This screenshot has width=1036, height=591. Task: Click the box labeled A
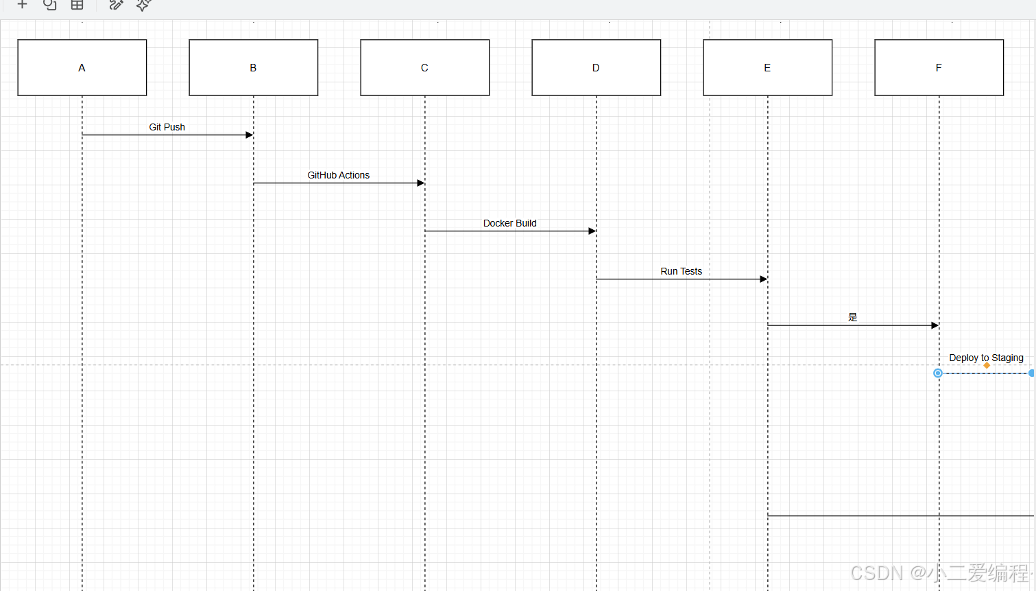(x=82, y=68)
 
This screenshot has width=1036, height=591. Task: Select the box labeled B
(x=254, y=68)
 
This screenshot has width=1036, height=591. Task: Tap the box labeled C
(x=424, y=68)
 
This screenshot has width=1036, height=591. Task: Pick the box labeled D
(x=596, y=68)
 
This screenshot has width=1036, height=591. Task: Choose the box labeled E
(x=767, y=68)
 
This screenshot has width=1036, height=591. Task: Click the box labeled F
(x=939, y=68)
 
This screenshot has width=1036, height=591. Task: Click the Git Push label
(x=167, y=127)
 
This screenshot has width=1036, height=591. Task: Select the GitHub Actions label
(x=339, y=175)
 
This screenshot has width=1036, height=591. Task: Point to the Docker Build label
(x=509, y=223)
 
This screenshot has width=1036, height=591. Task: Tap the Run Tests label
(x=682, y=271)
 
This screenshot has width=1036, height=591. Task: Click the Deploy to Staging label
(x=986, y=358)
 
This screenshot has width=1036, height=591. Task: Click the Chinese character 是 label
(x=852, y=317)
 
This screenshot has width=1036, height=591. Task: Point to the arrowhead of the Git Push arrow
(x=250, y=135)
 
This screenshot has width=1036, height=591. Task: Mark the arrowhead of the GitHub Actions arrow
(x=421, y=183)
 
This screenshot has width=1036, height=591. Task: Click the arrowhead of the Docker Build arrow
(x=592, y=231)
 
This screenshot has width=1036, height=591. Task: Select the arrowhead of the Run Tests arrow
(x=764, y=279)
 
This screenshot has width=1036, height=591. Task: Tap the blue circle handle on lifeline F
(x=937, y=373)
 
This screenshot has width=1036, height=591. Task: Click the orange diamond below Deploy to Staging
(x=987, y=365)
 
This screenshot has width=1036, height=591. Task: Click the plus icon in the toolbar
(x=22, y=5)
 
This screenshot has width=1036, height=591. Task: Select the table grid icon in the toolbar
(x=77, y=5)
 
